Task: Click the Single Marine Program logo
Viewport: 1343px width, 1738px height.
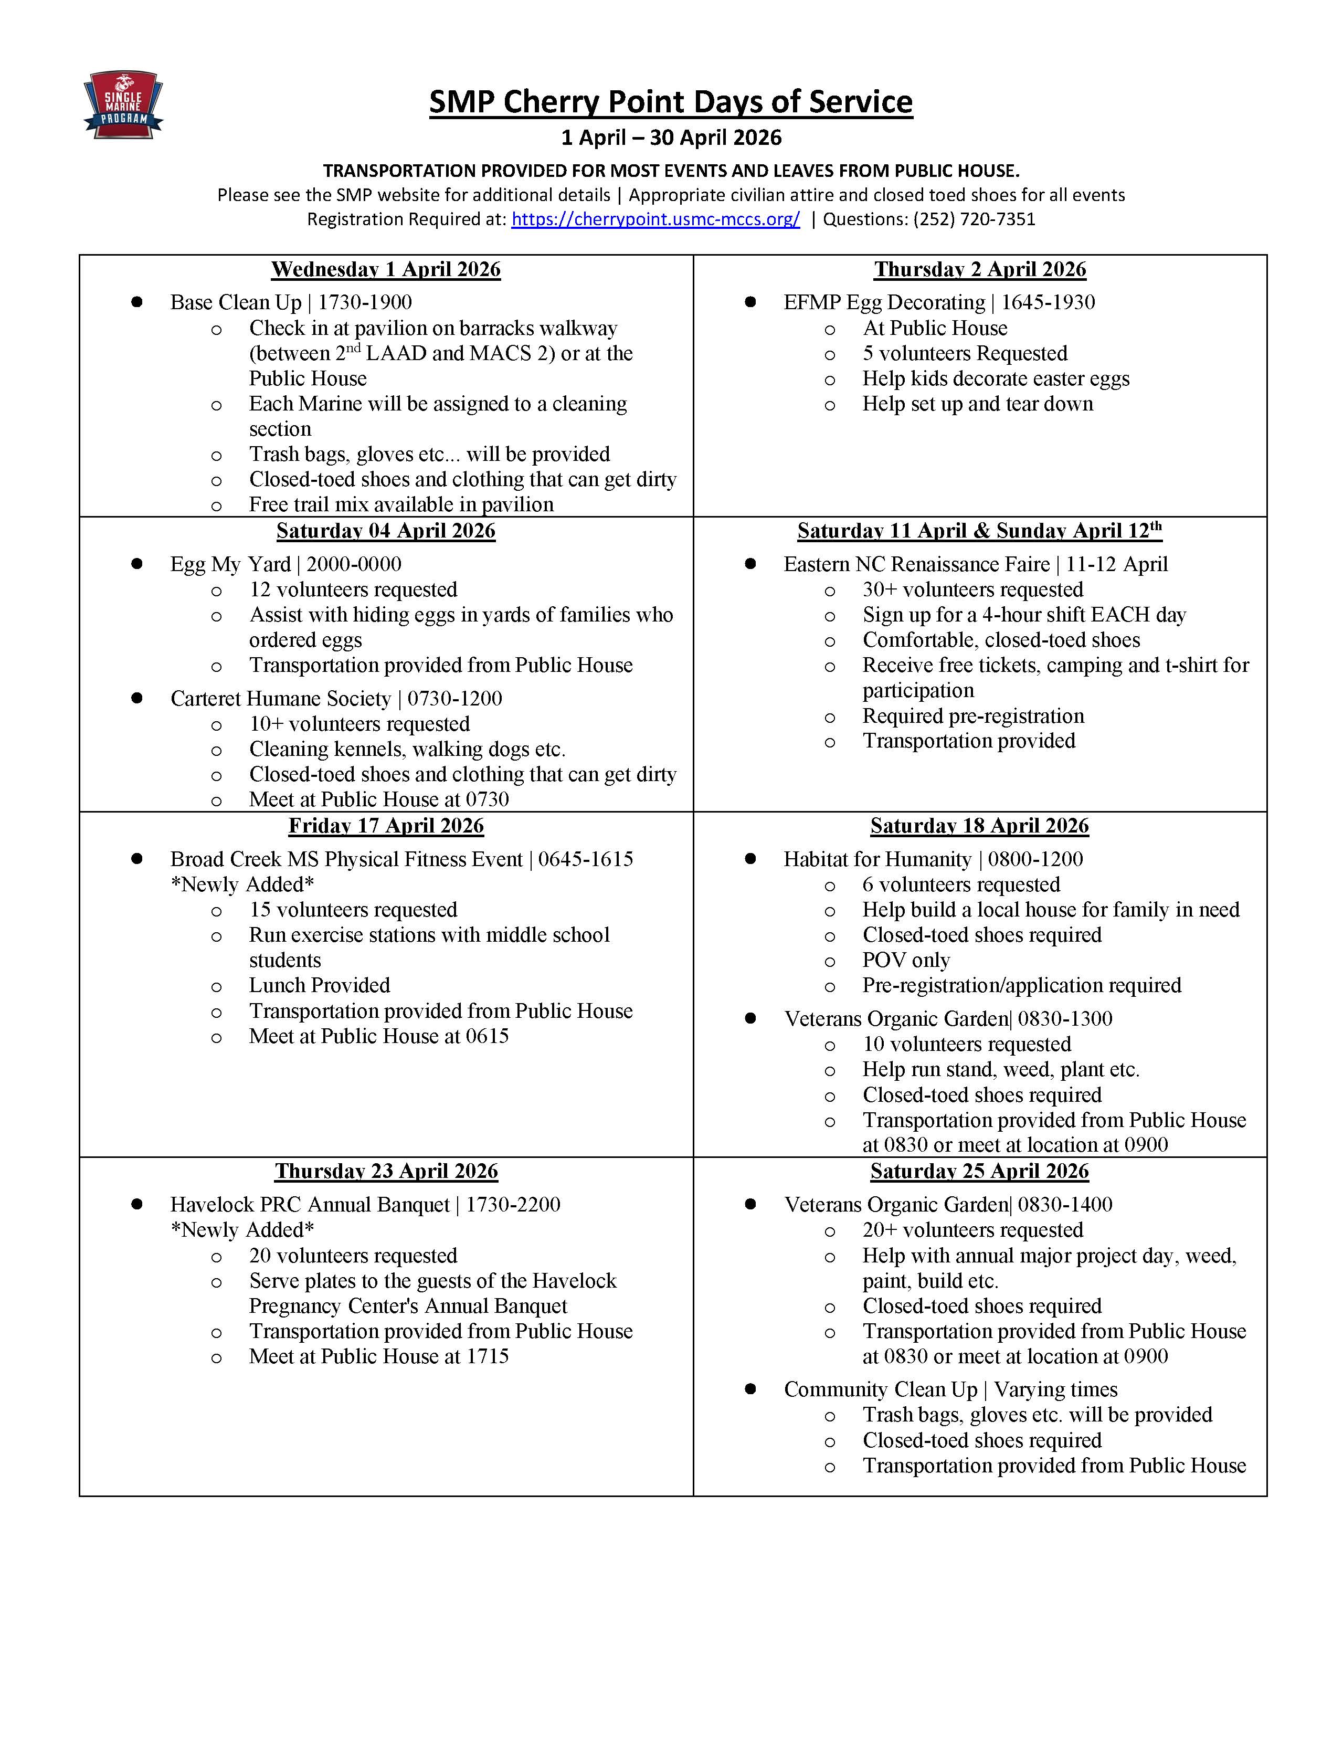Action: (x=123, y=104)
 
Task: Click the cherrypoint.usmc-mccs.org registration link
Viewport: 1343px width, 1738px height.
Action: (x=655, y=219)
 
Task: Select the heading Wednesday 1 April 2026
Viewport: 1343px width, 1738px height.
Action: (x=386, y=270)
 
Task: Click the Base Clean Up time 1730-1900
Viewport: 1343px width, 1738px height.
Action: (x=365, y=302)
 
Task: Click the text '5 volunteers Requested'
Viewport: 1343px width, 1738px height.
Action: (x=964, y=353)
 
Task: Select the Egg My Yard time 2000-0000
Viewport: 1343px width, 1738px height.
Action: (x=354, y=564)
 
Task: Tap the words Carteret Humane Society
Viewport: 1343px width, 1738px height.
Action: (x=280, y=699)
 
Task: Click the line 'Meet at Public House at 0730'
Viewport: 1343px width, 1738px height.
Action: (x=379, y=799)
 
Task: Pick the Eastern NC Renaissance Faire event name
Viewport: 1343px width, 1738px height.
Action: (x=916, y=564)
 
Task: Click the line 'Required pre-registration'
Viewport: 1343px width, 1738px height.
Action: (x=973, y=716)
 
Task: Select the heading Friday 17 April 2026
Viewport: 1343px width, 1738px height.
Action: (x=386, y=826)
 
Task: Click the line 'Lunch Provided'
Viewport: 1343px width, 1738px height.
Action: (x=319, y=985)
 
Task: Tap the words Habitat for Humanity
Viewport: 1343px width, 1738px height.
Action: (x=877, y=859)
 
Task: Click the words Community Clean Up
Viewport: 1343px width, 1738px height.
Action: (x=880, y=1389)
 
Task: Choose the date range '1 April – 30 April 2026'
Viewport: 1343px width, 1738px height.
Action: (x=671, y=138)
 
